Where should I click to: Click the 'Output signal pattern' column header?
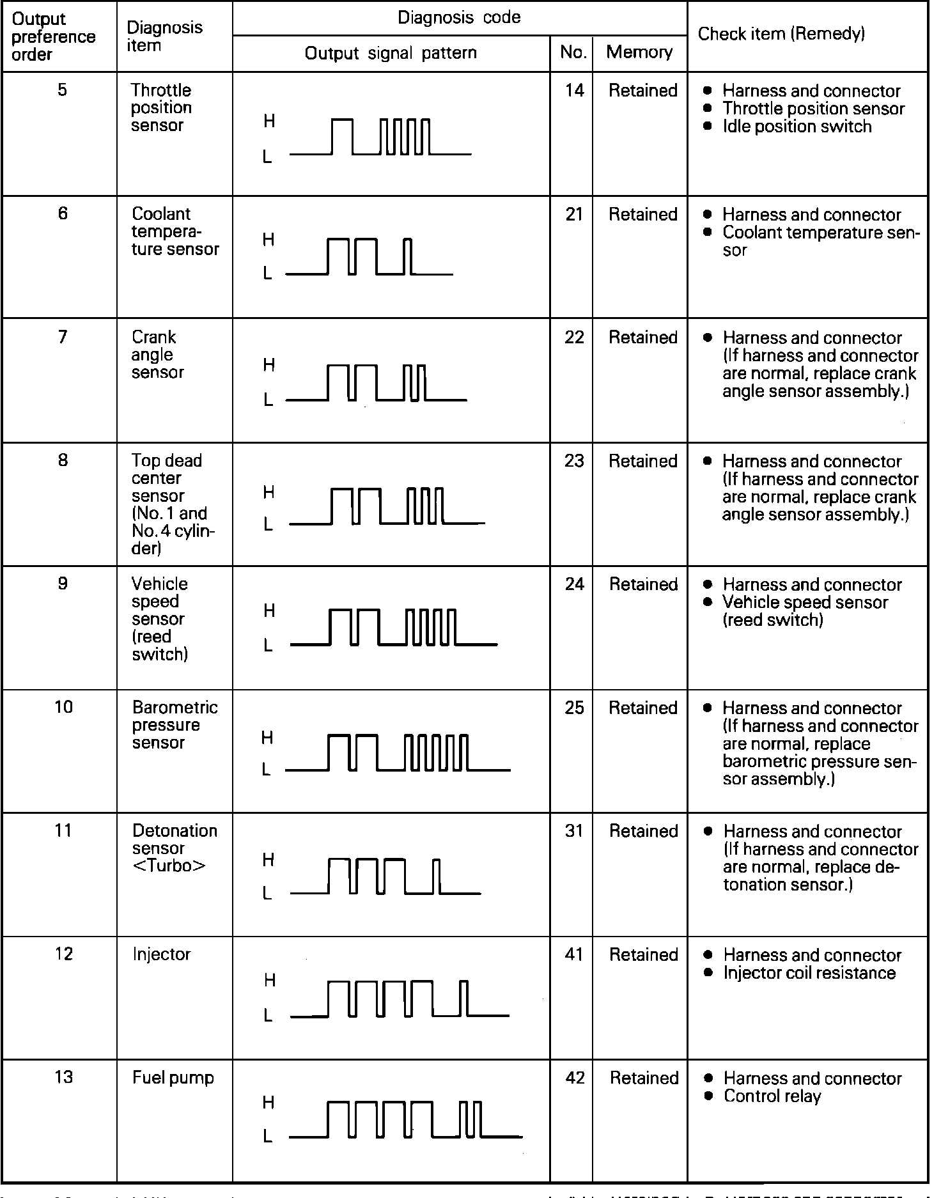[391, 53]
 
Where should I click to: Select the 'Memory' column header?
[639, 52]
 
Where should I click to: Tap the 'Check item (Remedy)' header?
[781, 34]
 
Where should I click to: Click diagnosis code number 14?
[574, 91]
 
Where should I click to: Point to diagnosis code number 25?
[574, 708]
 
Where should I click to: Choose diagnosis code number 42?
[575, 1078]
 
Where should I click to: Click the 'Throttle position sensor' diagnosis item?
[161, 108]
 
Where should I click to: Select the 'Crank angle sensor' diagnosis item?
[157, 355]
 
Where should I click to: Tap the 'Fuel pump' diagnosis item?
[173, 1078]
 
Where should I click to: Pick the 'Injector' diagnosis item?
[161, 954]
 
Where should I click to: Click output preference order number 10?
[63, 707]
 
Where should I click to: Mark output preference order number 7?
[62, 337]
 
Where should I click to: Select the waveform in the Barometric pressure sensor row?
[398, 753]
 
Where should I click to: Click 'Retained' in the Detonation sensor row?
[643, 831]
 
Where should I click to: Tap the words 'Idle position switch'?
[797, 127]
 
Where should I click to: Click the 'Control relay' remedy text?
[772, 1096]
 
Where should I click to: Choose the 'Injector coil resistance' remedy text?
[809, 973]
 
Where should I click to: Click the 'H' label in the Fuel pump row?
[268, 1102]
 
